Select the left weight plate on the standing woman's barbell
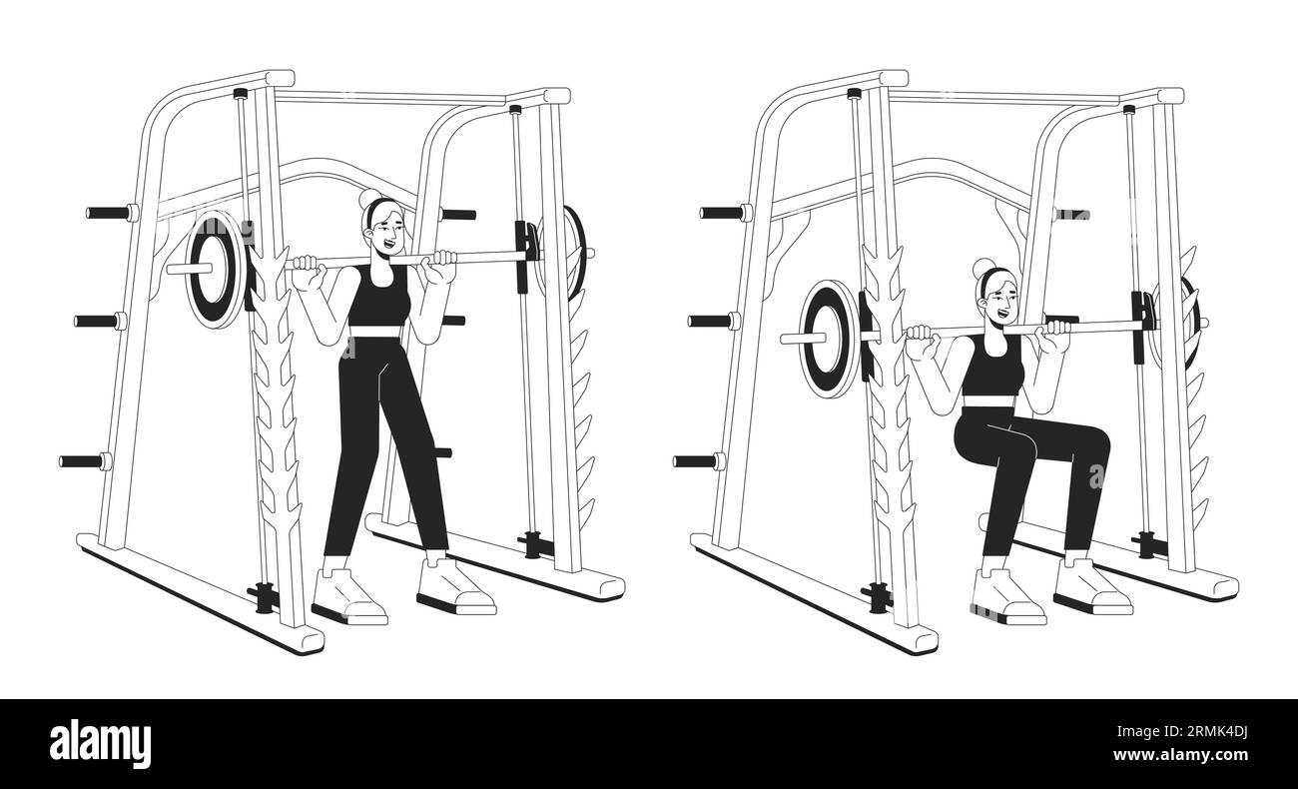(x=214, y=269)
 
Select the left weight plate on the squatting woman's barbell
(x=828, y=338)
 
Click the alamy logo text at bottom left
(x=101, y=744)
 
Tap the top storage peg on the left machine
(x=107, y=213)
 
